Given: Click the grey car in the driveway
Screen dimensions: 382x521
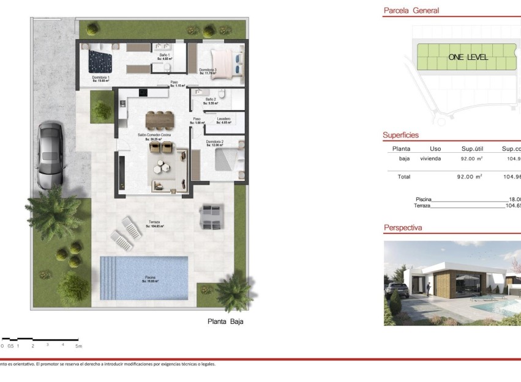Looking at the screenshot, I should coord(49,155).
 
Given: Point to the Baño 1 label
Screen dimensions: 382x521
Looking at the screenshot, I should coord(164,56).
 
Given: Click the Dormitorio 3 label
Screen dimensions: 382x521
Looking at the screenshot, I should coord(208,70).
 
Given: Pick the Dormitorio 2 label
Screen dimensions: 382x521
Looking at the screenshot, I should coord(214,142).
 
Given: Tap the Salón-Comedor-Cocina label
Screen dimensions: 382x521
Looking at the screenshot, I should coord(154,134).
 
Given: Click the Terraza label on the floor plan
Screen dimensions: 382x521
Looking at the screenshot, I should coord(154,222).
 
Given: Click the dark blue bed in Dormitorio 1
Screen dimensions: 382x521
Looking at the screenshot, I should coord(100,61).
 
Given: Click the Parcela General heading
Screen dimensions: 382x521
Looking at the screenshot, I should coord(411,10).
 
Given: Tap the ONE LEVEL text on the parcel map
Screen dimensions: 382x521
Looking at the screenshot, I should coord(468,57).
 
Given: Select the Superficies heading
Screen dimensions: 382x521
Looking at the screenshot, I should coord(401,135).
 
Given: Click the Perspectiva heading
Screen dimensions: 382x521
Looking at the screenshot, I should coord(403,228).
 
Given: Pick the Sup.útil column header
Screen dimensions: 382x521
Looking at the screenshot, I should coord(473,149).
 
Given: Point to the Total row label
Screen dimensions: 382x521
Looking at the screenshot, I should coord(403,177).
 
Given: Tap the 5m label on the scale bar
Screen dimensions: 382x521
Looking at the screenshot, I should coord(78,346).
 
